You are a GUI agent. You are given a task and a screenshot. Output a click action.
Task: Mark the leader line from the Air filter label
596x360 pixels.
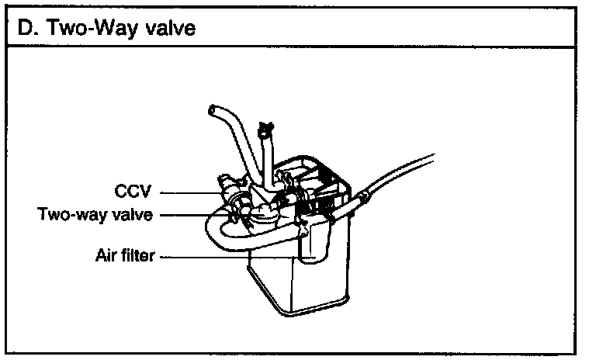(233, 255)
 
